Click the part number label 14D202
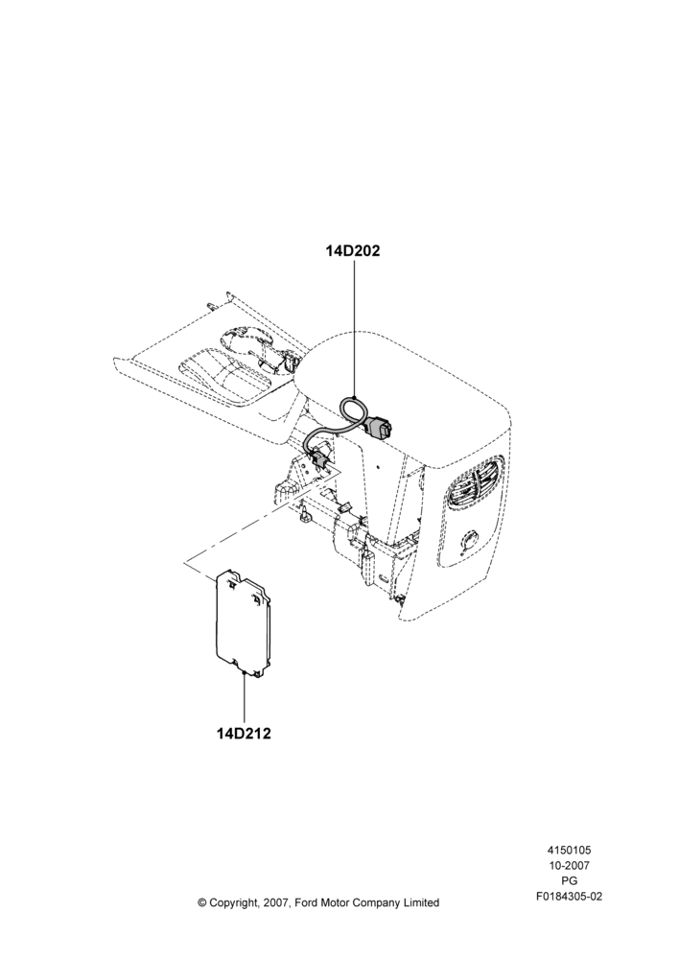tap(353, 250)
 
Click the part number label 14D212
tap(244, 733)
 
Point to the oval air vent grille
tap(474, 479)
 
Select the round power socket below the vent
tap(470, 542)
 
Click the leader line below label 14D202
tap(354, 329)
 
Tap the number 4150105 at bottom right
tap(569, 850)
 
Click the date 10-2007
tap(569, 865)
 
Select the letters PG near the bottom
tap(569, 881)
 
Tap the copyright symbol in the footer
tap(202, 902)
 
